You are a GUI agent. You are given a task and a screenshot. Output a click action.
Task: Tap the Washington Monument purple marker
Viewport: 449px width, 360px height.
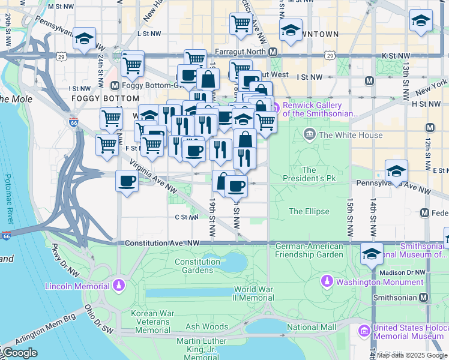(x=327, y=281)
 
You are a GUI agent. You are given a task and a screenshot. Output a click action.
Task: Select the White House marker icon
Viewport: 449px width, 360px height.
(x=310, y=134)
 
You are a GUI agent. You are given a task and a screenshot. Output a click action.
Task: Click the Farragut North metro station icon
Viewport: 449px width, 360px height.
(x=273, y=52)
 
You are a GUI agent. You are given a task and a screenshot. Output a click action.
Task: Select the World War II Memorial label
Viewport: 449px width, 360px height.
(x=254, y=293)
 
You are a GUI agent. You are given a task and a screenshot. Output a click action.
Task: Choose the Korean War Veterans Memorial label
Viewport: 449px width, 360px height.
(x=152, y=322)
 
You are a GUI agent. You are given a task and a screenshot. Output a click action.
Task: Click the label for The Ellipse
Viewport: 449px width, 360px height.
(x=309, y=211)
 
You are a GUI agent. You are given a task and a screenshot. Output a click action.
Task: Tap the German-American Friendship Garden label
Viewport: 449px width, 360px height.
(x=309, y=250)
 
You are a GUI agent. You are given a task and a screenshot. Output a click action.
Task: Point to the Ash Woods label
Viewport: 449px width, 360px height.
(x=206, y=327)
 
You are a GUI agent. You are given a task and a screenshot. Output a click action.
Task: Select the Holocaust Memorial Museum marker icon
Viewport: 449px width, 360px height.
(x=364, y=331)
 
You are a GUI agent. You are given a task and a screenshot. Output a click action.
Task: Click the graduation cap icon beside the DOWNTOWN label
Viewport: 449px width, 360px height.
(x=291, y=32)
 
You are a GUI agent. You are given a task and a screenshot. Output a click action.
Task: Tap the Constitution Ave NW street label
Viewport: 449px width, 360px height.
(x=162, y=243)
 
